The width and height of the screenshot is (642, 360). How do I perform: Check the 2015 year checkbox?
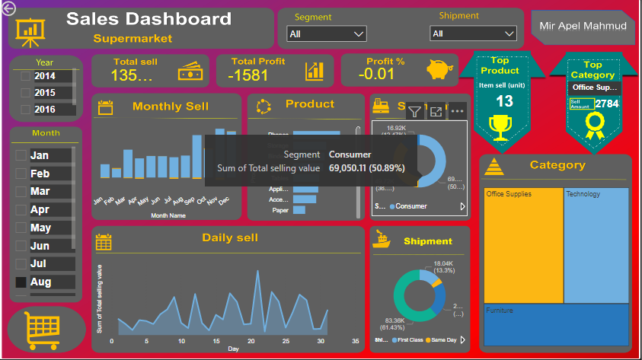[x=26, y=93]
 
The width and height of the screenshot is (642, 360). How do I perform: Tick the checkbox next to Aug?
[x=21, y=282]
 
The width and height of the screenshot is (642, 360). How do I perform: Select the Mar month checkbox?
[x=21, y=191]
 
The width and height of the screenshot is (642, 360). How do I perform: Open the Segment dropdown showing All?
[x=327, y=34]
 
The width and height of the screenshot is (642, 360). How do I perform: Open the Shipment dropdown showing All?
[x=473, y=34]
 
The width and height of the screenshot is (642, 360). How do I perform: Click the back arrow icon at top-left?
[x=8, y=8]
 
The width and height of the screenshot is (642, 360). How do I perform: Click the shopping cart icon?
[x=43, y=329]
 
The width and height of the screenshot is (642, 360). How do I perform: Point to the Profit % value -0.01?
[x=377, y=74]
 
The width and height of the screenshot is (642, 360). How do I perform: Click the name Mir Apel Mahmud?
[x=583, y=27]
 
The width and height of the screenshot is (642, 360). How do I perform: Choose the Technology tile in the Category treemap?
[x=596, y=244]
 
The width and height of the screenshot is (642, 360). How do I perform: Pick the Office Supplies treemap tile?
[x=522, y=244]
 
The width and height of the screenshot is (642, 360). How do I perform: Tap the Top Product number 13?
[x=504, y=101]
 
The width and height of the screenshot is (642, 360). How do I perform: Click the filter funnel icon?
[x=414, y=111]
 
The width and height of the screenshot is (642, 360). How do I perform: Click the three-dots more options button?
[x=457, y=111]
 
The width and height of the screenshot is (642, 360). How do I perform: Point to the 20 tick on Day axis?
[x=251, y=341]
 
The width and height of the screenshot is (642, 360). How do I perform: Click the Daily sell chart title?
[x=230, y=237]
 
